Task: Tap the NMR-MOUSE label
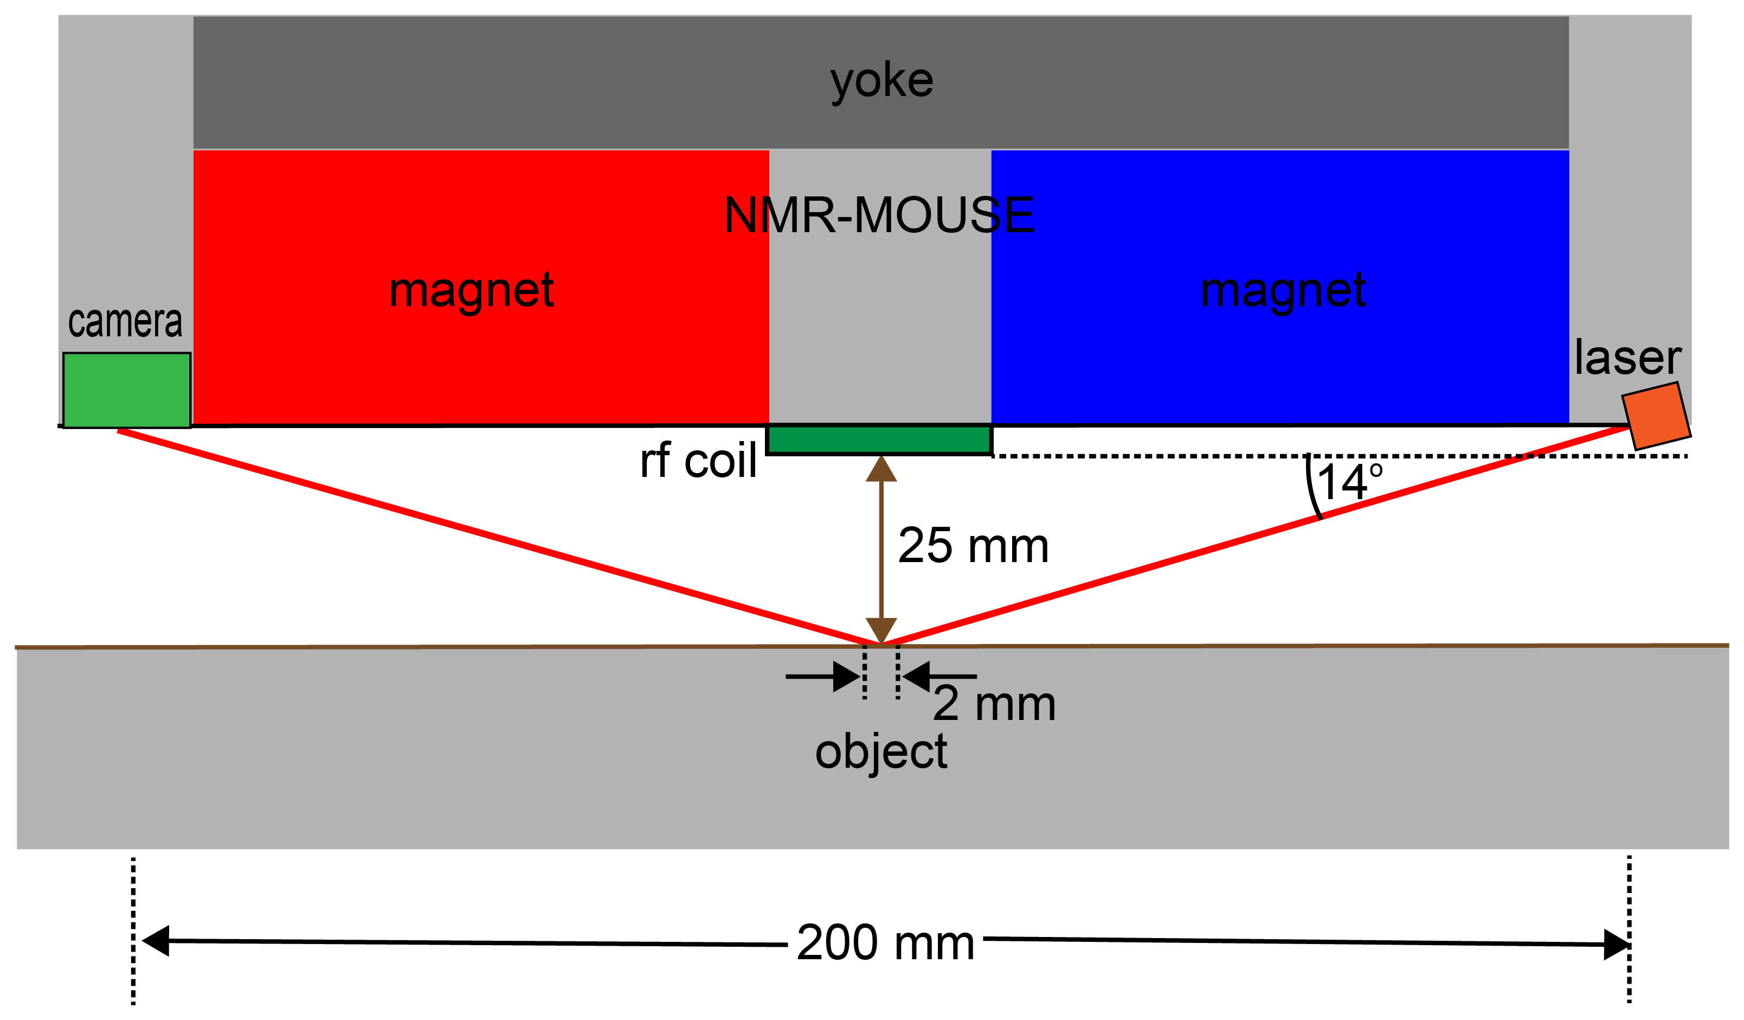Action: [879, 215]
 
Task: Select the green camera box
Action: [127, 391]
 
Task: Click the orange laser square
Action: [1656, 416]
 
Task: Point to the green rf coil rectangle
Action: [879, 439]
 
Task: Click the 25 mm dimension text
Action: [973, 546]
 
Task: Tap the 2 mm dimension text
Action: [994, 704]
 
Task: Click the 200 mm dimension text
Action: [885, 942]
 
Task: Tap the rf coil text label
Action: [698, 461]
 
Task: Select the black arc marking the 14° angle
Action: [1312, 488]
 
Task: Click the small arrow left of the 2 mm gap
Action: [823, 677]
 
